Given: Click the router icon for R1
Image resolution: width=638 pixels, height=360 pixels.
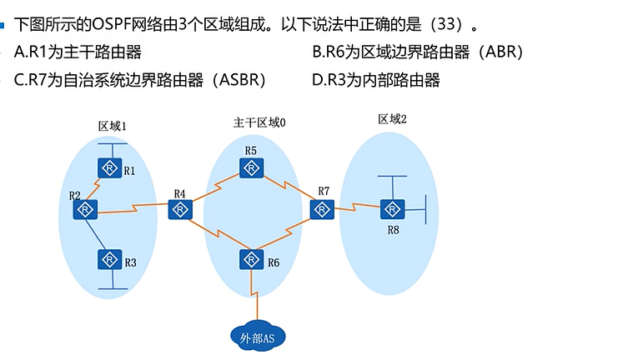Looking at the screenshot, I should [108, 167].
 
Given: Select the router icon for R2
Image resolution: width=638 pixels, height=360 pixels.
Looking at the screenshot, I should [85, 209].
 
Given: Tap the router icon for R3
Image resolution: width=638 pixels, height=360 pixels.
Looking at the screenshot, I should [108, 259].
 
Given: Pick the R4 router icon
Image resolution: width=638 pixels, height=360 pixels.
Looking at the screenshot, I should [179, 209].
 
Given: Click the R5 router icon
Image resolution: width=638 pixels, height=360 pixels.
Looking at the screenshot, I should [250, 167].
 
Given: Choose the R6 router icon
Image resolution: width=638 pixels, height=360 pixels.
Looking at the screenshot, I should [250, 259].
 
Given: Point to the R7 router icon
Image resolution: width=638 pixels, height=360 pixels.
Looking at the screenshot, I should [321, 209].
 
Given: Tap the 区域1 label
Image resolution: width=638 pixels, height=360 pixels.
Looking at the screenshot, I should [112, 127].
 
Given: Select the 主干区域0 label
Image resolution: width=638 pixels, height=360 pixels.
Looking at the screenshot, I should [259, 122].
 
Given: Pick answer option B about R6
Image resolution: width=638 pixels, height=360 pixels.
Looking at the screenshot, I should [417, 52].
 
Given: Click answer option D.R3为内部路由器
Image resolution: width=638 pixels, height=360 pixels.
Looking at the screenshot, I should [375, 80].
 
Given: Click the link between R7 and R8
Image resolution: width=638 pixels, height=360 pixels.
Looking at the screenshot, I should [356, 207].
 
